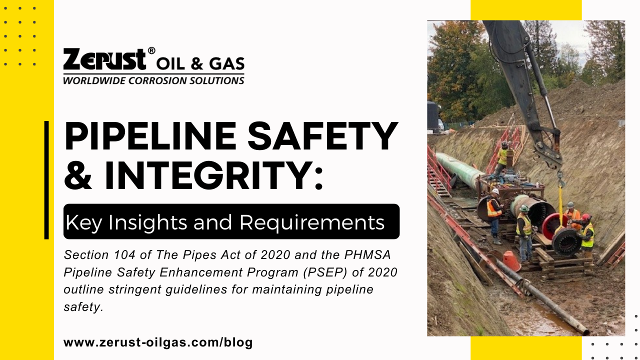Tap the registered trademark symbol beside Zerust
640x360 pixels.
pyautogui.click(x=151, y=51)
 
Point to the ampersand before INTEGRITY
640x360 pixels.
pyautogui.click(x=80, y=176)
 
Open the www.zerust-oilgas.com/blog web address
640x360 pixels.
pyautogui.click(x=158, y=342)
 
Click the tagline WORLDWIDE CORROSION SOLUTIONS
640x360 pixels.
pyautogui.click(x=153, y=80)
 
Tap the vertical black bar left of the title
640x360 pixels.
pyautogui.click(x=46, y=180)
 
